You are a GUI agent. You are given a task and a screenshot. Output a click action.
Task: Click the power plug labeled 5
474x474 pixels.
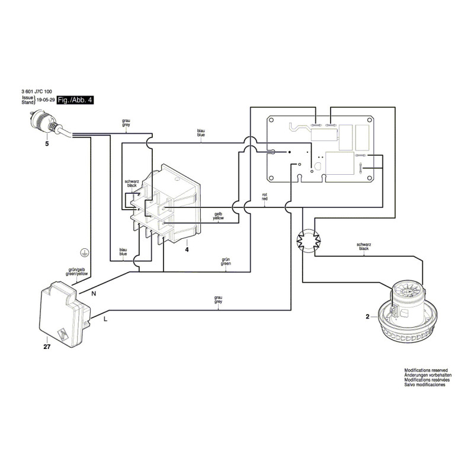(x=46, y=123)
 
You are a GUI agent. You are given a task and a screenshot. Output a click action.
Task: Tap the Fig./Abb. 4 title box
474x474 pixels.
(x=75, y=100)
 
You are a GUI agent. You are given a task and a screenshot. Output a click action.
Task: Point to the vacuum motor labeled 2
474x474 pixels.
(x=408, y=313)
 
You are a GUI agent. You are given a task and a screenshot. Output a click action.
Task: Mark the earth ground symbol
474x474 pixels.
(x=84, y=253)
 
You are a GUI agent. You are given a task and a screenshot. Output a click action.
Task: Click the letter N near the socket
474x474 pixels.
(x=94, y=293)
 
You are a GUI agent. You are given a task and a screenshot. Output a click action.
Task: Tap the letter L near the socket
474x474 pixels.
(x=105, y=319)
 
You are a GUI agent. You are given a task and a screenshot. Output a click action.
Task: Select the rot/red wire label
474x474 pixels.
(x=264, y=197)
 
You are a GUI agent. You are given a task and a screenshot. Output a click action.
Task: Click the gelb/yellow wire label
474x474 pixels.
(x=218, y=216)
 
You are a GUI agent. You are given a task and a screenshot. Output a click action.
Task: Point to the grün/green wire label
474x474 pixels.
(x=226, y=261)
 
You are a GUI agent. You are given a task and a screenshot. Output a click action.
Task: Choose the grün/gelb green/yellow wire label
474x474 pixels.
(x=76, y=272)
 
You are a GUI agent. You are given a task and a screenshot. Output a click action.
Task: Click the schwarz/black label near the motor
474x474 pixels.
(x=364, y=246)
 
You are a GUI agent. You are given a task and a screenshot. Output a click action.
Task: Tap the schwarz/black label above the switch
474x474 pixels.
(x=132, y=184)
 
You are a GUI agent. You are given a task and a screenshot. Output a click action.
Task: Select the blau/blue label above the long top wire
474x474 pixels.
(x=201, y=133)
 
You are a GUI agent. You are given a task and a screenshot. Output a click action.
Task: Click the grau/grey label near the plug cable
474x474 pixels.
(x=126, y=123)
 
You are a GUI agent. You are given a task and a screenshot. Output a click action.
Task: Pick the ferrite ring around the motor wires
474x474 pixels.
(x=309, y=241)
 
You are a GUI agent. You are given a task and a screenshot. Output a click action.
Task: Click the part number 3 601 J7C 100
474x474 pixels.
(x=37, y=91)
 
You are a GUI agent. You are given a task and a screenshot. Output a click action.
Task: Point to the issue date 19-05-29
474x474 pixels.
(x=46, y=100)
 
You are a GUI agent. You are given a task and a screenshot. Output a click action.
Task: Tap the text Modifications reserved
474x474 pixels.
(x=426, y=370)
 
